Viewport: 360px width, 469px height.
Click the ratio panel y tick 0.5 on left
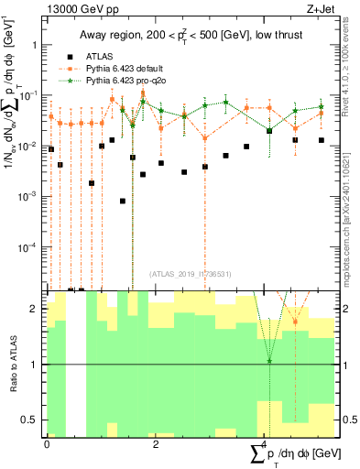[x=30, y=420]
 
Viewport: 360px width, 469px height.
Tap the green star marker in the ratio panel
[x=269, y=361]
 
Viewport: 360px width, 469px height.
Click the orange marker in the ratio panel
[x=295, y=322]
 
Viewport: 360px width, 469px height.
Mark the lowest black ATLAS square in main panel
[x=123, y=201]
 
